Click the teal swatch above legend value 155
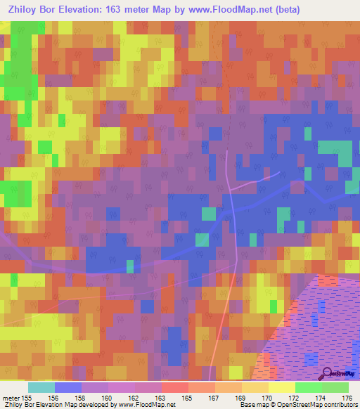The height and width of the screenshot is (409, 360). pyautogui.click(x=41, y=387)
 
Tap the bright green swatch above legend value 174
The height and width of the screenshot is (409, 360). pyautogui.click(x=308, y=387)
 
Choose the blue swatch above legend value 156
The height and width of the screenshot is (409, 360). pyautogui.click(x=68, y=387)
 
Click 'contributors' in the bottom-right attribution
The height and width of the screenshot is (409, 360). pyautogui.click(x=340, y=405)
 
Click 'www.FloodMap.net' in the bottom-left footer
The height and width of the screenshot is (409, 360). pyautogui.click(x=146, y=405)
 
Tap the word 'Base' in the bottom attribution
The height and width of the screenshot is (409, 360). pyautogui.click(x=247, y=405)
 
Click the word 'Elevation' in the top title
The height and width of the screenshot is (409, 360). pyautogui.click(x=78, y=10)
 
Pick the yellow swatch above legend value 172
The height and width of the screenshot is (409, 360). pyautogui.click(x=281, y=387)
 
